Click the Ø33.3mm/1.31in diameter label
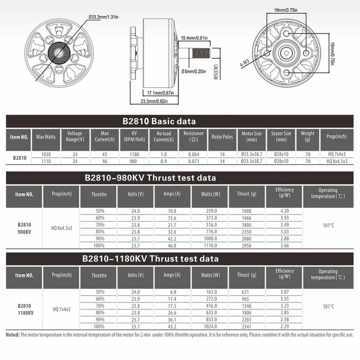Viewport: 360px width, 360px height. click(x=103, y=17)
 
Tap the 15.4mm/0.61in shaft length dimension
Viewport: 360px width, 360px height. click(x=194, y=38)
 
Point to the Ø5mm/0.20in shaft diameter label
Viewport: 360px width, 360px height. click(x=193, y=72)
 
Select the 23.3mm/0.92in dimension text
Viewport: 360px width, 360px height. click(x=154, y=101)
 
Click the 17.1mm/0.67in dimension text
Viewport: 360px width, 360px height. click(x=160, y=93)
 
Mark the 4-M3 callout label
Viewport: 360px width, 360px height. click(x=245, y=63)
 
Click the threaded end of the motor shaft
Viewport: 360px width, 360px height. click(x=201, y=53)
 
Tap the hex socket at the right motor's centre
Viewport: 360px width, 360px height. click(x=286, y=53)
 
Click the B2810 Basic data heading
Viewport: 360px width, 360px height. click(x=159, y=121)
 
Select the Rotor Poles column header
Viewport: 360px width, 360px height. click(x=222, y=137)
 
